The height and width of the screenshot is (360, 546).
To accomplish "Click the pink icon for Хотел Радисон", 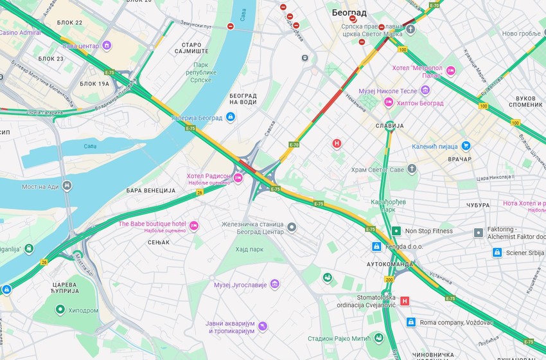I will (238, 178).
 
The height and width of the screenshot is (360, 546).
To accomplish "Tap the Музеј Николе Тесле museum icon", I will (425, 91).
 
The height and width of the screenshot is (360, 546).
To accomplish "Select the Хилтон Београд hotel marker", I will (389, 103).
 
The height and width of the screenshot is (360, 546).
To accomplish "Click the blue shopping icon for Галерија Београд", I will (231, 118).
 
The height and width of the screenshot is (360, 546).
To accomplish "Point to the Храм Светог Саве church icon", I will (412, 169).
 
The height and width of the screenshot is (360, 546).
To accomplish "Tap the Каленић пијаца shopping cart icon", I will (466, 146).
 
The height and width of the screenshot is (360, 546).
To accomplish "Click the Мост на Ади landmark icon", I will (67, 186).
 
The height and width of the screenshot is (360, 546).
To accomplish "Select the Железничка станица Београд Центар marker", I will (292, 228).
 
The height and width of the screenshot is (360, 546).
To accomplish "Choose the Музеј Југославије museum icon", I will (274, 284).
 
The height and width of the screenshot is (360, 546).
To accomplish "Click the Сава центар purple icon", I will (107, 46).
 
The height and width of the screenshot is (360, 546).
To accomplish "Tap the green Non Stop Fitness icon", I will (396, 231).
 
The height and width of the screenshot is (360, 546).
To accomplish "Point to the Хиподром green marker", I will (60, 310).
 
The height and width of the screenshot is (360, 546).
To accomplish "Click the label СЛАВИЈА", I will (389, 126).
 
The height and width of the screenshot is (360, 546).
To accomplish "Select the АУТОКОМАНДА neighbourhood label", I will (390, 264).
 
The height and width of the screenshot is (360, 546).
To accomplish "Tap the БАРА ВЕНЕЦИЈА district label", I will (151, 191).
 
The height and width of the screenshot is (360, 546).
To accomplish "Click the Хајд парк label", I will (250, 249).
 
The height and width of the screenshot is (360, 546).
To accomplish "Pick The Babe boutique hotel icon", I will (193, 226).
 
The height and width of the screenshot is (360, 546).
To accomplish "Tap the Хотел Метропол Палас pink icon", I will (450, 71).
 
